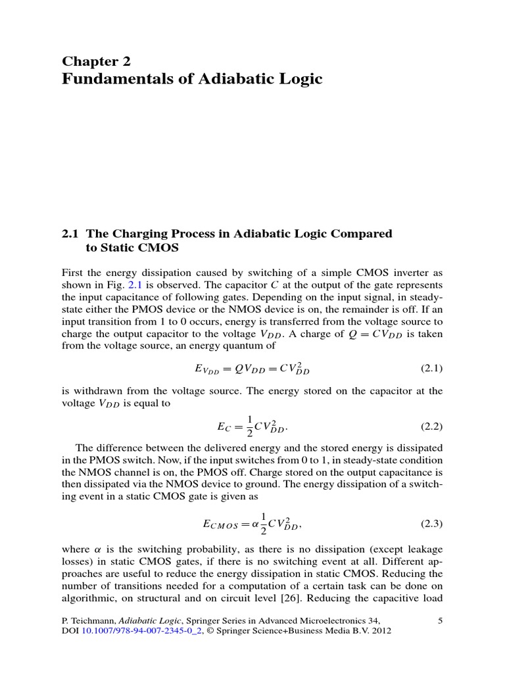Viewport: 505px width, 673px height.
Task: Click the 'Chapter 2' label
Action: (96, 62)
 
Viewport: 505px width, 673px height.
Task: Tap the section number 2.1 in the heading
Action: (70, 233)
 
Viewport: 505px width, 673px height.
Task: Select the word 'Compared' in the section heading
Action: (360, 233)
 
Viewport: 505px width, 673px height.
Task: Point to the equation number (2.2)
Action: (431, 426)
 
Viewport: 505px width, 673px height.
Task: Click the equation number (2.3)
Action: (431, 524)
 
